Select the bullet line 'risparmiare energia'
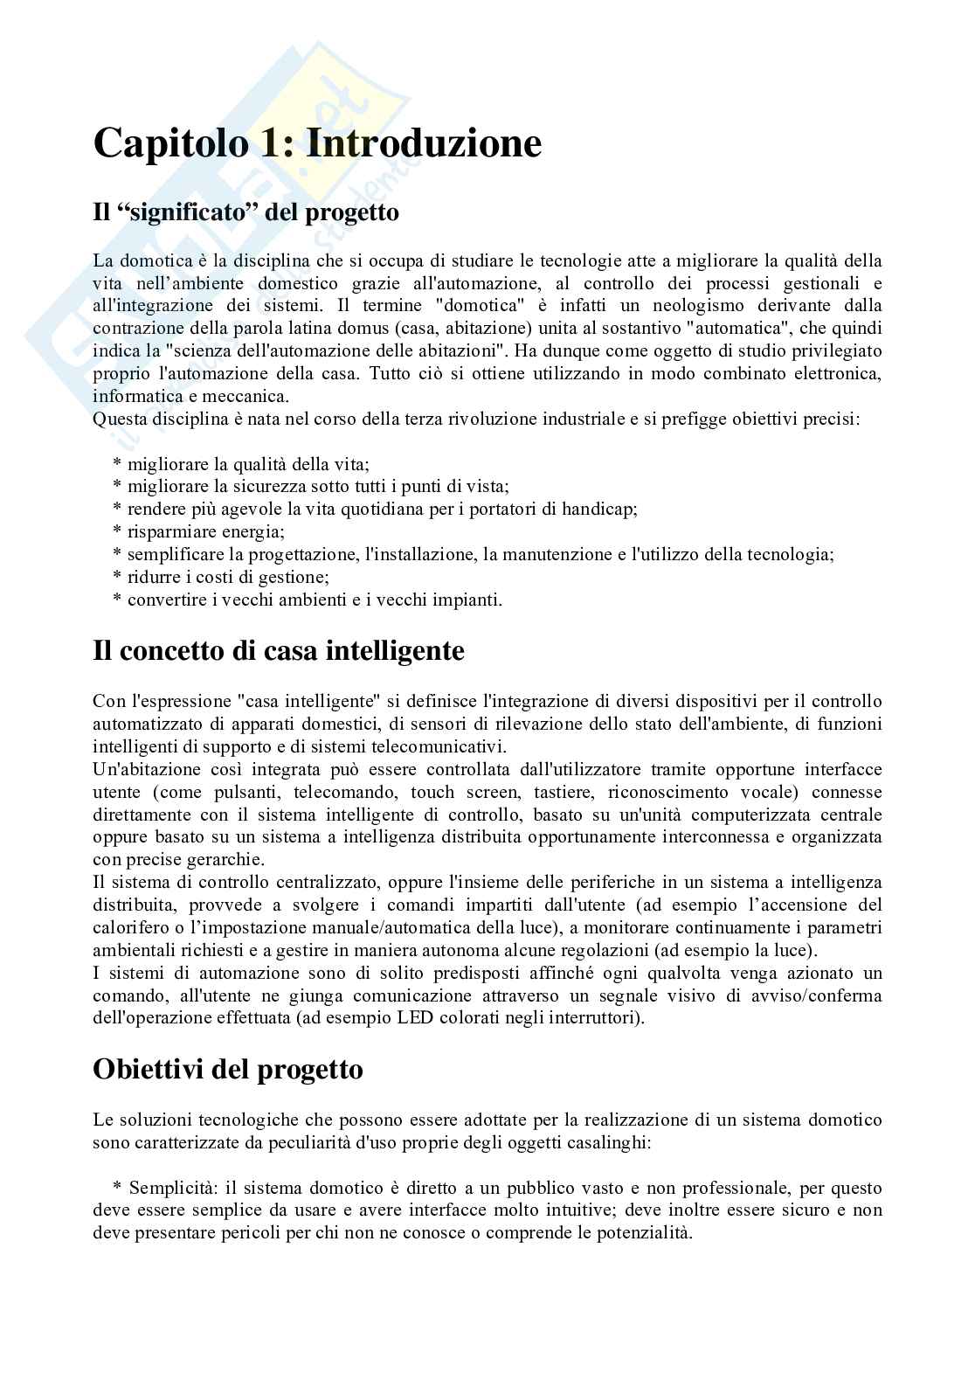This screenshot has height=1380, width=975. tap(205, 531)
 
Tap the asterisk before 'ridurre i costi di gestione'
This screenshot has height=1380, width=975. tap(117, 577)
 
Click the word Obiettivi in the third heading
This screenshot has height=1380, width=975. tap(149, 1069)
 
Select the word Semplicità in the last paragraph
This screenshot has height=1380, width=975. tap(172, 1188)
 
